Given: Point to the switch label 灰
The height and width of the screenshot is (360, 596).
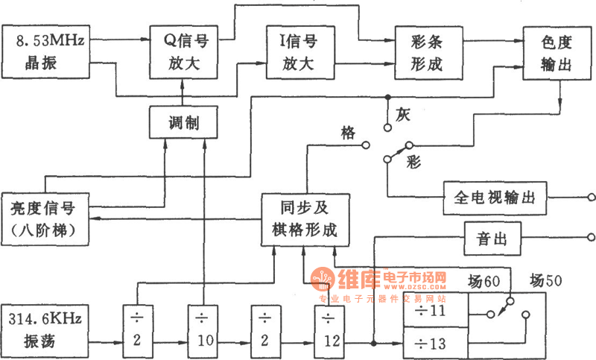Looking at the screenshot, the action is (403, 116).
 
